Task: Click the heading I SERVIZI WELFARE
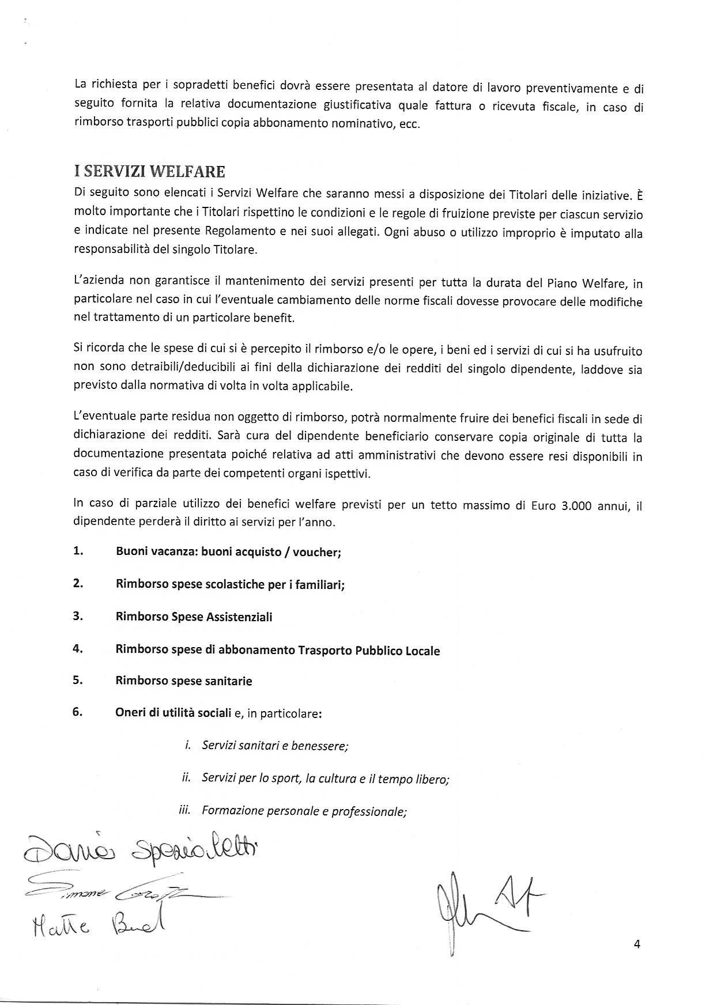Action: (149, 172)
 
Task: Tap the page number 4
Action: (637, 944)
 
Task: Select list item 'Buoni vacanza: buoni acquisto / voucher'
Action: (228, 552)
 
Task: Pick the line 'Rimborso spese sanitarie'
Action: (184, 681)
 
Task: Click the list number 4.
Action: (78, 648)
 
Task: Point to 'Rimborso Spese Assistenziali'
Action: (194, 617)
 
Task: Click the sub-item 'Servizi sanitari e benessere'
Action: (275, 746)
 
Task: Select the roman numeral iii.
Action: (185, 810)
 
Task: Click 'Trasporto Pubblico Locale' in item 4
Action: (369, 651)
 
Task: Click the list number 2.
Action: (78, 583)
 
